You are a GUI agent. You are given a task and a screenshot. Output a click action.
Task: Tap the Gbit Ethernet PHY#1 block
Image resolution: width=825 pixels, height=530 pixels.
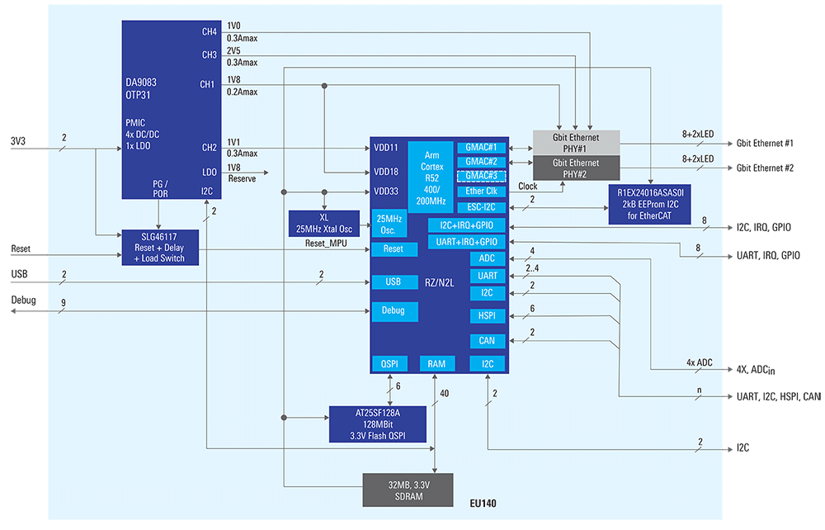point(575,142)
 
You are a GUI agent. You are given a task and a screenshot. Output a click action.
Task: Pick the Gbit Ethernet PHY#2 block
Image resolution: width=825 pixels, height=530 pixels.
point(575,168)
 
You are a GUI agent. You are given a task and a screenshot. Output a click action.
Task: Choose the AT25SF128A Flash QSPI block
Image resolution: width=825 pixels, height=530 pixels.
point(377,424)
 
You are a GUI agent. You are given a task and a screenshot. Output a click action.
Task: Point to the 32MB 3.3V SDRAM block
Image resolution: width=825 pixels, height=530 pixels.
point(408,490)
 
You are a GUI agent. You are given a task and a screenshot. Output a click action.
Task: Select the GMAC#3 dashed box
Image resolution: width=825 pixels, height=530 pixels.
point(481,176)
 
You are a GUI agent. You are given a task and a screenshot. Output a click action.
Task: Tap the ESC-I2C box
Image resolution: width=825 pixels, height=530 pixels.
point(481,207)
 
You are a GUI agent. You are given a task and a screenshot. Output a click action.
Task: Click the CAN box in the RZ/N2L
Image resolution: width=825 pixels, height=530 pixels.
point(487,341)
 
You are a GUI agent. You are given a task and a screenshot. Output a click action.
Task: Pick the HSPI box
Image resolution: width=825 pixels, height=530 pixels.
point(487,315)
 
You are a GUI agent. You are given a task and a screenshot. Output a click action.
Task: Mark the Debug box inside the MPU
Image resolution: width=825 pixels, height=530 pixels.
point(394,311)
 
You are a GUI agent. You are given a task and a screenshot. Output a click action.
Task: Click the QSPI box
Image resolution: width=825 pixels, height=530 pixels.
point(389,364)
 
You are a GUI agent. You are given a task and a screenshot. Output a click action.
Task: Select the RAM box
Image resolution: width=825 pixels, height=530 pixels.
point(436,364)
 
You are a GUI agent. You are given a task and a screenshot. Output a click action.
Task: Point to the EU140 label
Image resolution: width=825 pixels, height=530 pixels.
point(483,503)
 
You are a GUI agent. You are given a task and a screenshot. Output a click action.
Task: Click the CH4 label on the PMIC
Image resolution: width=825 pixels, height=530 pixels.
point(209,32)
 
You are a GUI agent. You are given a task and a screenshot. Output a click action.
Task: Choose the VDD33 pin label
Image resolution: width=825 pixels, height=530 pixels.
point(385,192)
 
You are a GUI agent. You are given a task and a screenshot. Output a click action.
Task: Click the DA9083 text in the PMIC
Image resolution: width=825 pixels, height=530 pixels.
point(141,83)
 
